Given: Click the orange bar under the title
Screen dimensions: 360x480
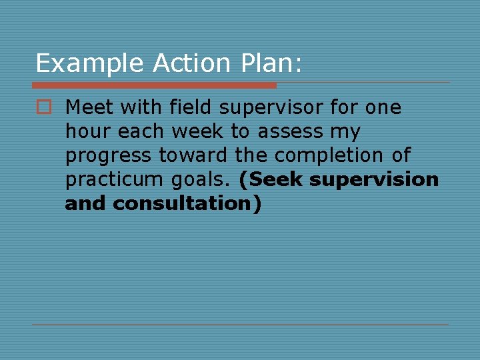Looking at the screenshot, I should pos(154,85).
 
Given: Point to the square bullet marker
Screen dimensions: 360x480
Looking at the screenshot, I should pos(44,107).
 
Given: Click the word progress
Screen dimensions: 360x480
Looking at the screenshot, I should pos(109,156).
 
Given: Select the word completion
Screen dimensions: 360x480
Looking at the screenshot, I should pos(319,156).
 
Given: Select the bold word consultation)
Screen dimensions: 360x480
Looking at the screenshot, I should pos(187,204).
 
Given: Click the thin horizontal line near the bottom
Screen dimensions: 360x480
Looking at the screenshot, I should pos(240,325).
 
